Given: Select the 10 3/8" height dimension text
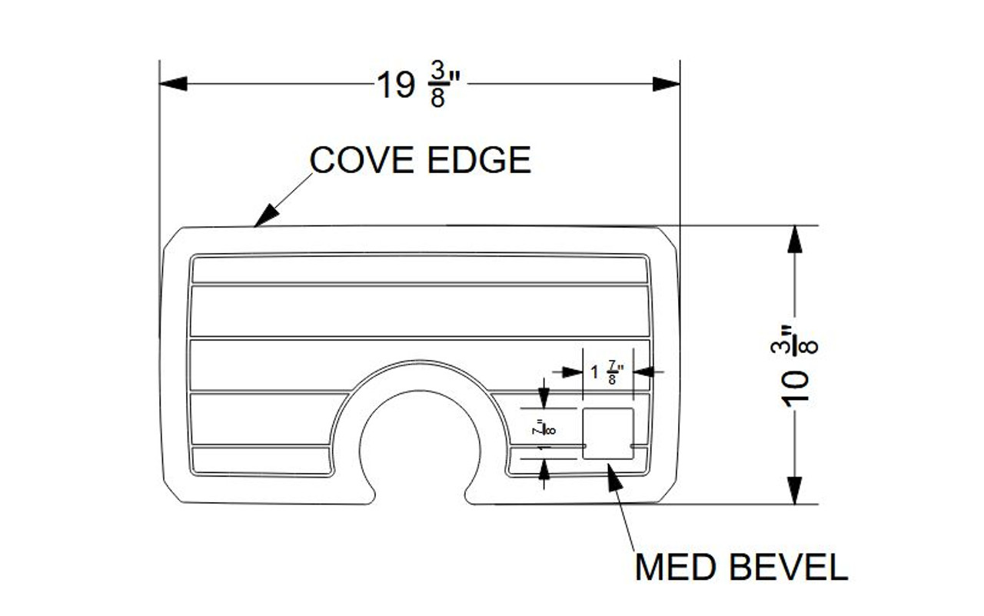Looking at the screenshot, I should (795, 366).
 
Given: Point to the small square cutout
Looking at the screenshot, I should (608, 434).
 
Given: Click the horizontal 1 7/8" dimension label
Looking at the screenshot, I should (607, 372).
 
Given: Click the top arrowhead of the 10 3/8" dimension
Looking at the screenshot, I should (795, 238).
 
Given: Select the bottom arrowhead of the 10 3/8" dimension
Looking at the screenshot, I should (795, 491).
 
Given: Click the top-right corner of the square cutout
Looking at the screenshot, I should (633, 409).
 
